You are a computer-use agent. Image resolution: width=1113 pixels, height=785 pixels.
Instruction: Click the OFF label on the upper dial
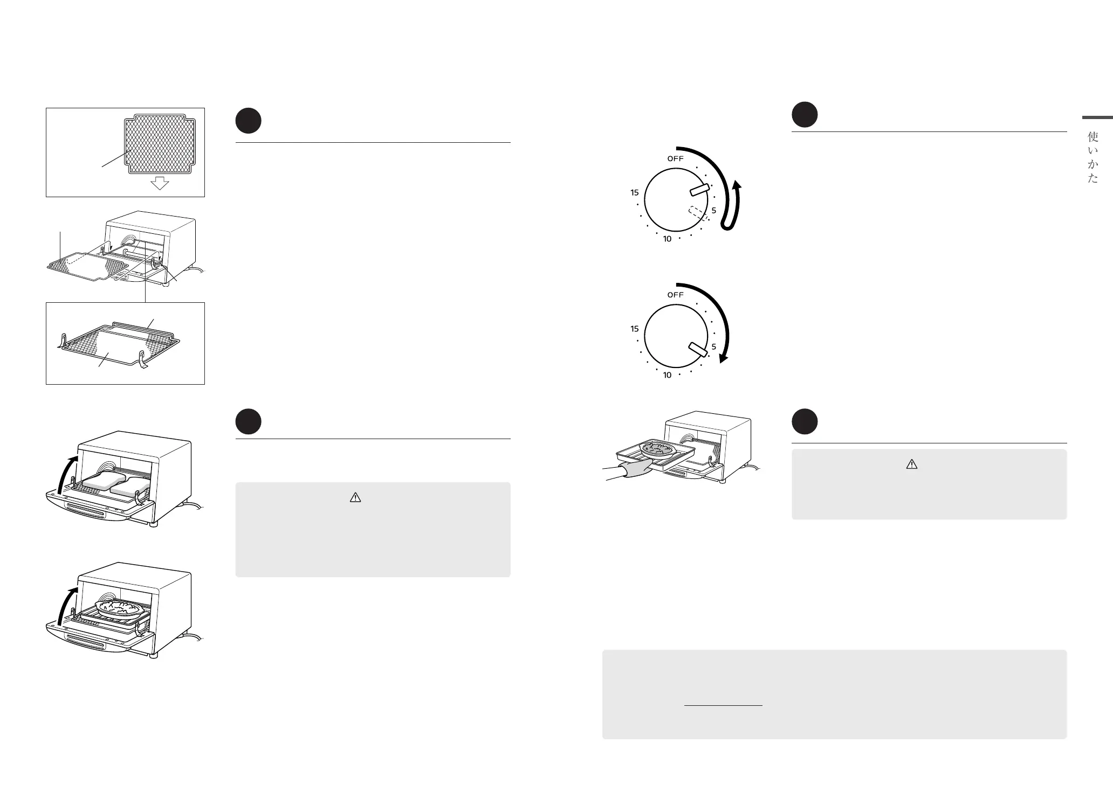point(675,158)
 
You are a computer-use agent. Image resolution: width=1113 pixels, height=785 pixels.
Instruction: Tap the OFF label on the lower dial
point(675,295)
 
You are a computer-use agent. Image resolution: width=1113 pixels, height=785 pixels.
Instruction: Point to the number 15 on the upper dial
point(635,192)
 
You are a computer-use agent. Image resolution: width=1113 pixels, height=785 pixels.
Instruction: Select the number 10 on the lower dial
point(667,375)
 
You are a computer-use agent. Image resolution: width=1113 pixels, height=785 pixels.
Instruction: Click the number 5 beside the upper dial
point(713,210)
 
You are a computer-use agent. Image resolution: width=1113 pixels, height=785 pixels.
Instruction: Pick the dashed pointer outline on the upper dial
point(698,213)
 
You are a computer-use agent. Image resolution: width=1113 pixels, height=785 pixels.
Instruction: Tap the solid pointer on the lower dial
point(698,349)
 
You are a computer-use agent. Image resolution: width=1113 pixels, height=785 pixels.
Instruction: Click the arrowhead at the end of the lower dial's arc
point(724,359)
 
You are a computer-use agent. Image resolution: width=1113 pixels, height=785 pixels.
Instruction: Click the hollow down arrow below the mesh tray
point(160,184)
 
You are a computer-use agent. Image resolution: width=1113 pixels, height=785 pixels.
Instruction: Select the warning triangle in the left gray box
point(355,498)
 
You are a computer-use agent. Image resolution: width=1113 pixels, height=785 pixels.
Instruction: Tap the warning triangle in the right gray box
point(911,464)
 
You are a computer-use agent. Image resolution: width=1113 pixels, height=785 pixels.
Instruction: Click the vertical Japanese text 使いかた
point(1093,157)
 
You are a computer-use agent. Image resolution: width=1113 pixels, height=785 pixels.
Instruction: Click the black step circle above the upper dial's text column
point(805,115)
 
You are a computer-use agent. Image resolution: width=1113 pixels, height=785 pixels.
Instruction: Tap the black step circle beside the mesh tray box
point(249,121)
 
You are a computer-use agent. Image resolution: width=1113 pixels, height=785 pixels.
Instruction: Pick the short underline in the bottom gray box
point(723,705)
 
